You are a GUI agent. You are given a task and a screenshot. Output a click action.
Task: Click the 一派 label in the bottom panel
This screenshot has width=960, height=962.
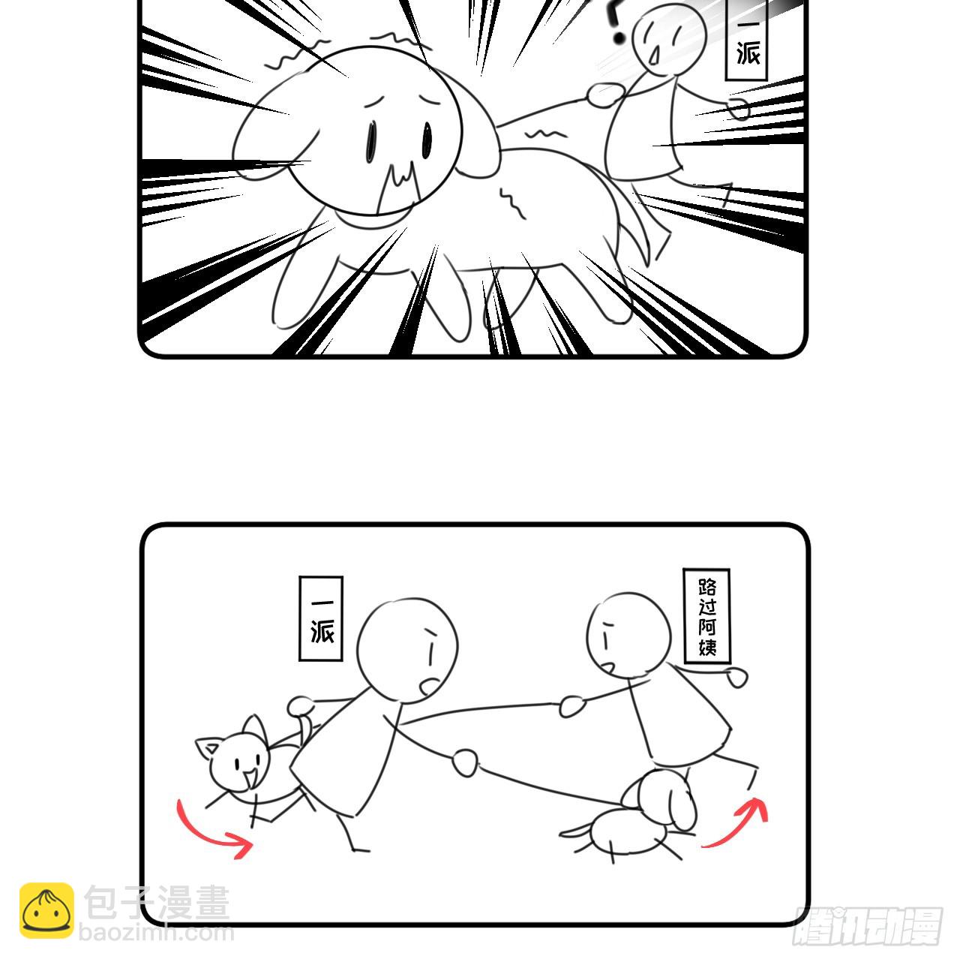[321, 618]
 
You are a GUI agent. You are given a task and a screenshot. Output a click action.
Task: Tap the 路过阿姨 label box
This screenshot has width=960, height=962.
[706, 616]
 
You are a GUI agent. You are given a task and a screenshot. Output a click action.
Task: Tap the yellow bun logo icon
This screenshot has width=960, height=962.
[46, 910]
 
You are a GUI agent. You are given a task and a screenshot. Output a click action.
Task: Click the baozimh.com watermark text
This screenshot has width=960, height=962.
[157, 933]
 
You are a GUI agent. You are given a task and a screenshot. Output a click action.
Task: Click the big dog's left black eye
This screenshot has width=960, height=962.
[373, 140]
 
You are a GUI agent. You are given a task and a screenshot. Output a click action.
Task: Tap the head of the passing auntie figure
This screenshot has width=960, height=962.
[628, 634]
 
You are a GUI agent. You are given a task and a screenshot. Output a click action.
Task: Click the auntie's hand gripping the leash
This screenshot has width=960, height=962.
[573, 705]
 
